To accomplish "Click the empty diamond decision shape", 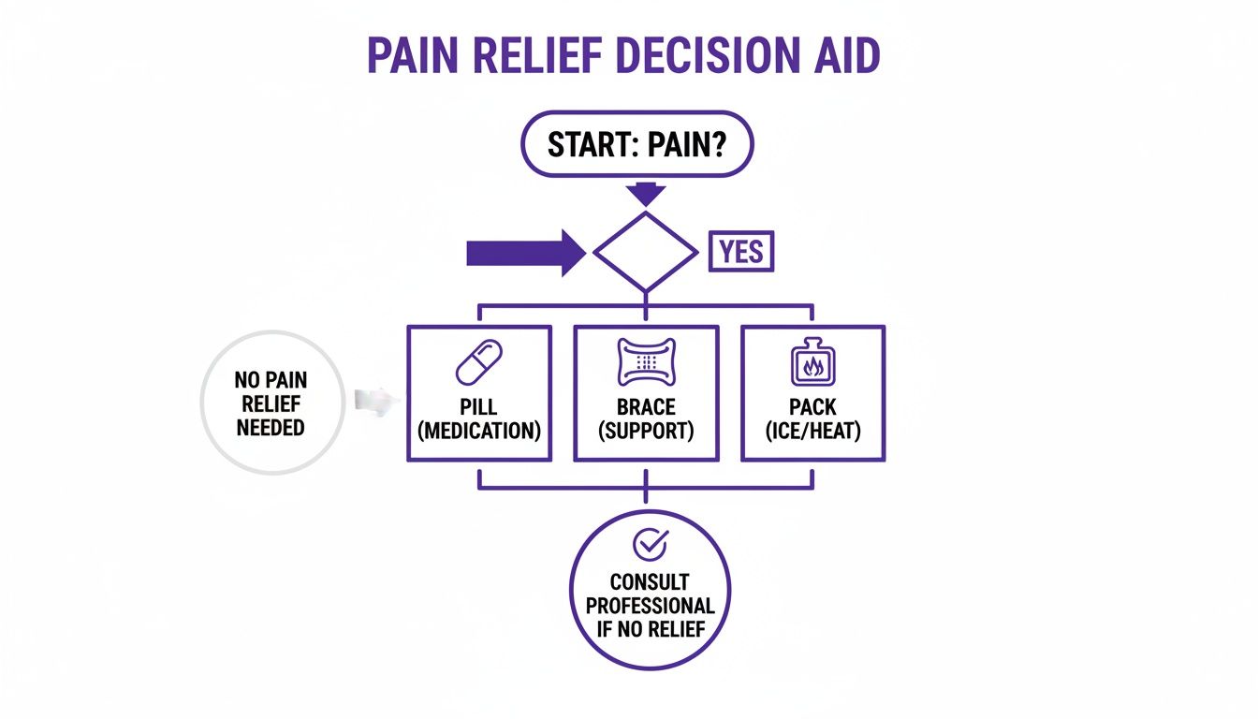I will (x=646, y=252).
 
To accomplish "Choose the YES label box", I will (x=741, y=253).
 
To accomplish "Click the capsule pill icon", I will (x=478, y=361).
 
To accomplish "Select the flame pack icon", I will (x=812, y=363).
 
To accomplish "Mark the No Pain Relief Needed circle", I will (x=271, y=403).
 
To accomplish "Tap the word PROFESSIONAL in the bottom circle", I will (x=650, y=605).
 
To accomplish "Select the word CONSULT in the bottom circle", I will (x=650, y=582).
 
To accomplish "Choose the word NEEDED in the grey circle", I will (x=271, y=427).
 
